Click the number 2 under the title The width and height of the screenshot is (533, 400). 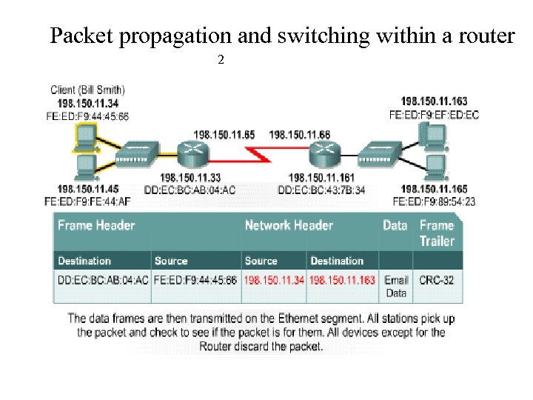pyautogui.click(x=221, y=59)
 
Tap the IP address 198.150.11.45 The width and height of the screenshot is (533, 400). pyautogui.click(x=87, y=189)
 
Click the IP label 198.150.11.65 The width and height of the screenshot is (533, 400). pyautogui.click(x=224, y=134)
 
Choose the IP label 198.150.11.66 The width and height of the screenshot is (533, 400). pyautogui.click(x=300, y=134)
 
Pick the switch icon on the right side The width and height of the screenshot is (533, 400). pyautogui.click(x=380, y=155)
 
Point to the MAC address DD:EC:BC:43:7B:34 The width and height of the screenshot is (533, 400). pyautogui.click(x=321, y=190)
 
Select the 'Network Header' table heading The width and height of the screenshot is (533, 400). pyautogui.click(x=289, y=225)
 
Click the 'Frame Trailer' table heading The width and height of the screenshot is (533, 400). pyautogui.click(x=437, y=233)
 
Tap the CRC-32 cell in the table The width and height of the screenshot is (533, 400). pyautogui.click(x=436, y=280)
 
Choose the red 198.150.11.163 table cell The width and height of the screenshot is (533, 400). pyautogui.click(x=342, y=280)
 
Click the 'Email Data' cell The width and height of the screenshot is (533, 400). pyautogui.click(x=396, y=286)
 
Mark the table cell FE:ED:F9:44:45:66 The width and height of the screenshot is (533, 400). pyautogui.click(x=195, y=280)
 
